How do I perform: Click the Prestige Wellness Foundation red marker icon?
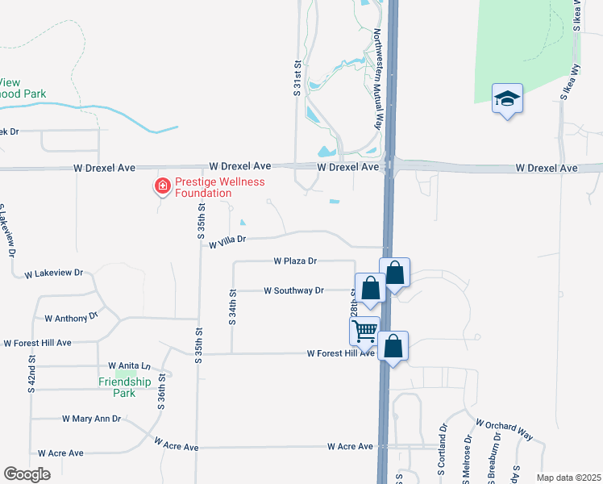[162, 187]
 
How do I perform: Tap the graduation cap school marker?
[507, 98]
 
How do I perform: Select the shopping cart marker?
[364, 330]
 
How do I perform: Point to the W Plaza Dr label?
[295, 261]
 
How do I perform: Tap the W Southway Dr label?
[293, 290]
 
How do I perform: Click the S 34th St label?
[232, 307]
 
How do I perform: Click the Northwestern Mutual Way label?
[376, 79]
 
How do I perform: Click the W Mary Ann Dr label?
[91, 419]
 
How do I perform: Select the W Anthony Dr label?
[71, 319]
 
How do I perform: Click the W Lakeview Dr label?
[54, 273]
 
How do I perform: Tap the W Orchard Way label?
[504, 429]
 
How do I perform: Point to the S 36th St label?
[161, 390]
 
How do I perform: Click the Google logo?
[27, 474]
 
